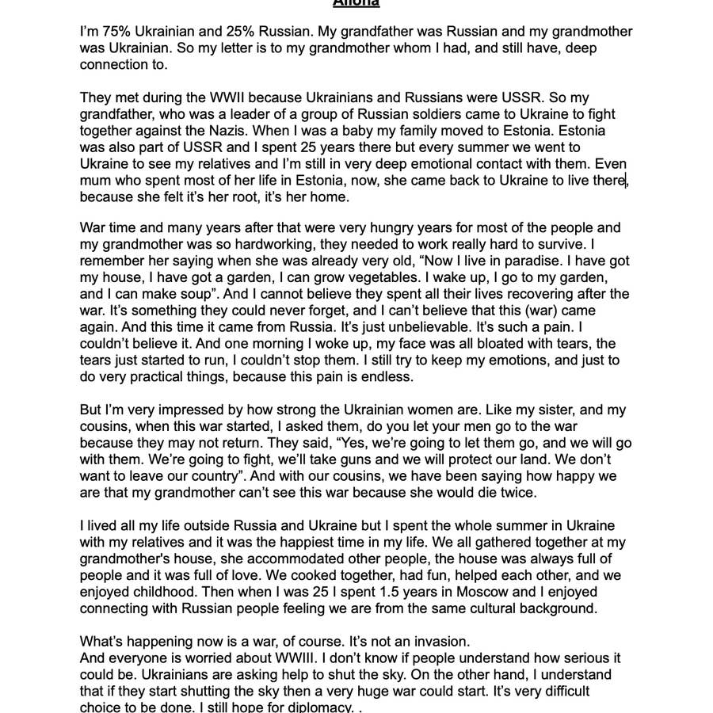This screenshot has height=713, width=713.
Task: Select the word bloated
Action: coord(448,344)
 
